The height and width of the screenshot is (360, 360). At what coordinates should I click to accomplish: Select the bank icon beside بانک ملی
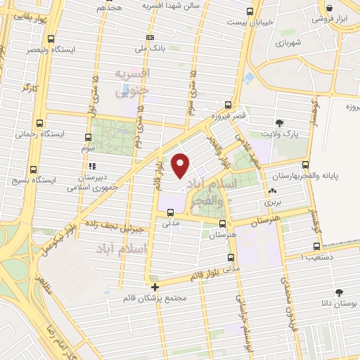pos(149,37)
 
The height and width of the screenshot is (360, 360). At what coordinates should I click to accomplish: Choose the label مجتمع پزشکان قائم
pos(162,298)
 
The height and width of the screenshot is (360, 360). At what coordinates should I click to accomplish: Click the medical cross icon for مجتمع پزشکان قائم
pos(155,286)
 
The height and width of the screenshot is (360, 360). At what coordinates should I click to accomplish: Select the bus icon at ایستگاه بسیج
pos(34,169)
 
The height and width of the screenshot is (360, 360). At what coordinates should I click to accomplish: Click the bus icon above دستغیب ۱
pos(316,247)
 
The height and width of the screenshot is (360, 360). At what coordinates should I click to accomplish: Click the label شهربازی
pos(308,42)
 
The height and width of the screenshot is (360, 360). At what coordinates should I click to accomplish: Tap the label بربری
pos(272,202)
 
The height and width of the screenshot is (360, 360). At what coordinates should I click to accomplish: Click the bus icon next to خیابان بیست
pos(250,12)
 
